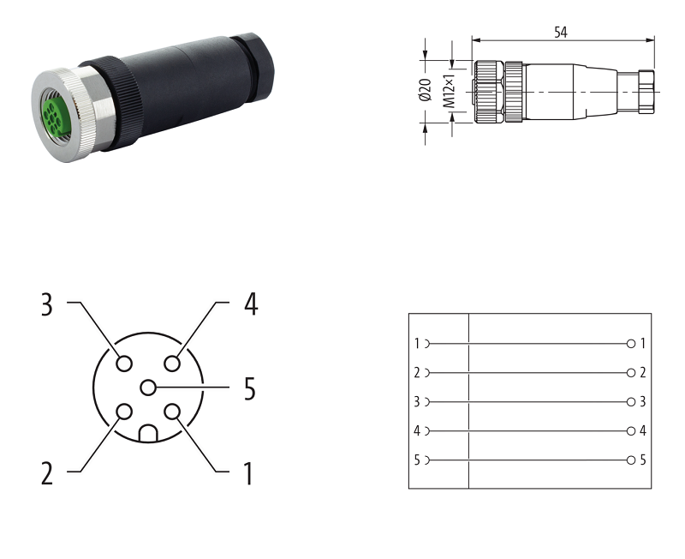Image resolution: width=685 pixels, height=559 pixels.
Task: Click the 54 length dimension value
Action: click(561, 33)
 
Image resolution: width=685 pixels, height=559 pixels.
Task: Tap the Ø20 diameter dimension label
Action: click(425, 90)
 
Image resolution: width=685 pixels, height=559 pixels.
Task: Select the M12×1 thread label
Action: click(449, 91)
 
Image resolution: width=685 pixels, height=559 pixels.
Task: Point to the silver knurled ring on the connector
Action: click(63, 115)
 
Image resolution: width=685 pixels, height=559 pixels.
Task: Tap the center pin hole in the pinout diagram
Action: click(148, 388)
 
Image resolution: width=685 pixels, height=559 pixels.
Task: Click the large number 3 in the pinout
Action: click(47, 305)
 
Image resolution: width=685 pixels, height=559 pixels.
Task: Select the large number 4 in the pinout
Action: click(251, 304)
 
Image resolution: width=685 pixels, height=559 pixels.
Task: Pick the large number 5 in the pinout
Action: click(249, 388)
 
